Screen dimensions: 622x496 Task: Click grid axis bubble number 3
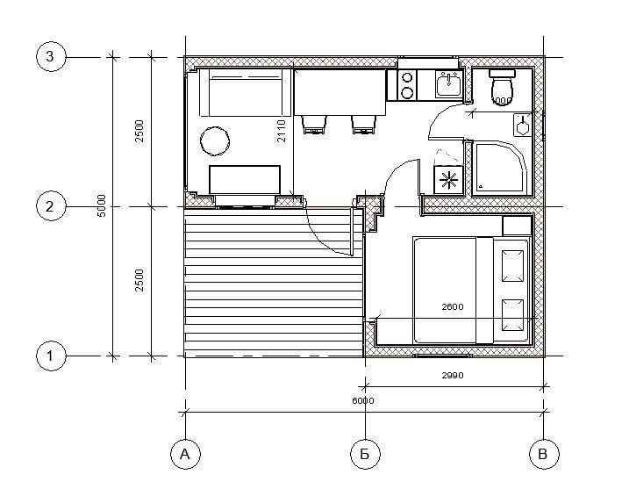click(x=51, y=57)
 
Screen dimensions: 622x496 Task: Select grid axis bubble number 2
click(x=51, y=206)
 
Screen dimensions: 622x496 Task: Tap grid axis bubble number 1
click(x=51, y=356)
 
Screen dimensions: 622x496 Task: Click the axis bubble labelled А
click(x=185, y=454)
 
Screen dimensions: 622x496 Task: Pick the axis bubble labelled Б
click(x=365, y=454)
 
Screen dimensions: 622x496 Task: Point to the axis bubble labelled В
click(x=544, y=454)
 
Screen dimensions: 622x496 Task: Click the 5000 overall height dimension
click(x=102, y=205)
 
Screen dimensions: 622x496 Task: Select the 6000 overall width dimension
click(x=363, y=401)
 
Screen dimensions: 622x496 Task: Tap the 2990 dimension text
click(x=453, y=375)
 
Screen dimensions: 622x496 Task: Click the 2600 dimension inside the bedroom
click(x=453, y=306)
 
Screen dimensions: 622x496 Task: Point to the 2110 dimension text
click(x=281, y=131)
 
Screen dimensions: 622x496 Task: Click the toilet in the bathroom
click(x=502, y=87)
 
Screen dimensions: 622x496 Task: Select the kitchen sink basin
click(x=448, y=84)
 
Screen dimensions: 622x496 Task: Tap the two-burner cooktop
click(x=407, y=85)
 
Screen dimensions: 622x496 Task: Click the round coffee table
click(x=215, y=140)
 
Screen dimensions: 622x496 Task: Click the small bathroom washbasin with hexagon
click(x=523, y=125)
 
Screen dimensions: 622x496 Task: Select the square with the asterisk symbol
click(x=448, y=180)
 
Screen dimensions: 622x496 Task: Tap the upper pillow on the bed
click(x=512, y=266)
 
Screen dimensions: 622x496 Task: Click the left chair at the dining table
click(x=315, y=125)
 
